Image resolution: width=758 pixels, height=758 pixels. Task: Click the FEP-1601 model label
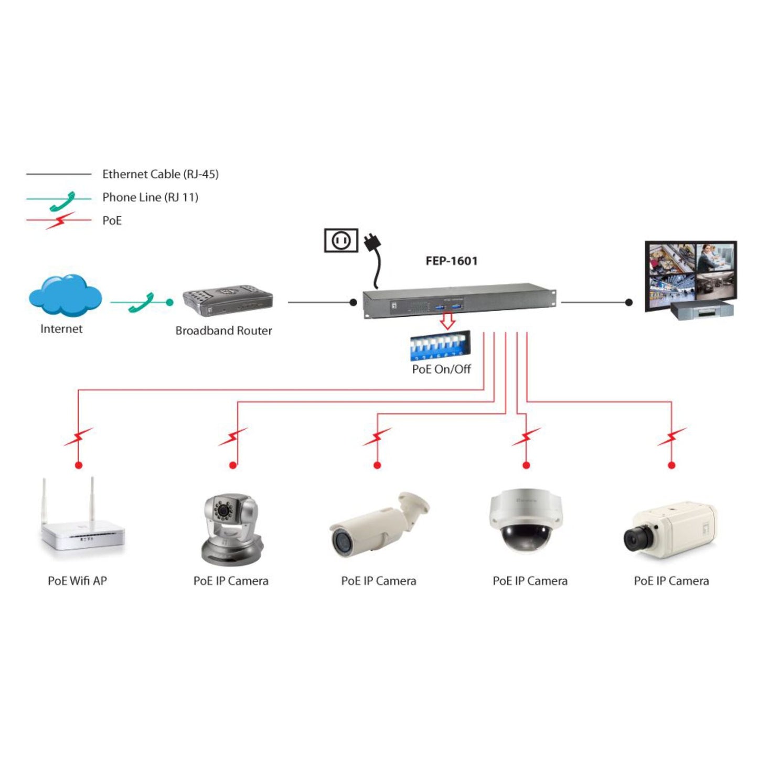coord(451,261)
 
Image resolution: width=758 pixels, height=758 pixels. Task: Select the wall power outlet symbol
coord(341,241)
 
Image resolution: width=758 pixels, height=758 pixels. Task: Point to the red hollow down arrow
coord(447,320)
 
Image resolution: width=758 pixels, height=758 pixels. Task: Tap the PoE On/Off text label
coord(441,369)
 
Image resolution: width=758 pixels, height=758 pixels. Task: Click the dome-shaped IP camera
coord(526,521)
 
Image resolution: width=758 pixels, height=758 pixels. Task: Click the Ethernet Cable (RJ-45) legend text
coord(160,174)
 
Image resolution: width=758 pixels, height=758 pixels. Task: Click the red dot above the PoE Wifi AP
coord(79,465)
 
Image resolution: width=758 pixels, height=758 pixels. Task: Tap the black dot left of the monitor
coord(629,303)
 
